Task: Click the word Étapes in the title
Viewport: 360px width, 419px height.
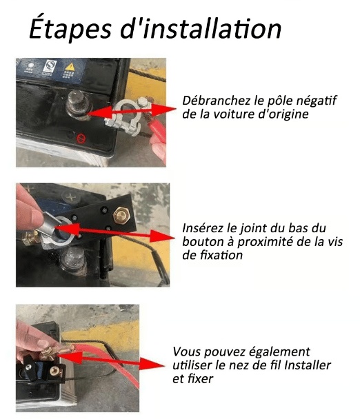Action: tap(70, 28)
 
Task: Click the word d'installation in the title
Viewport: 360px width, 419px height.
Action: tap(201, 28)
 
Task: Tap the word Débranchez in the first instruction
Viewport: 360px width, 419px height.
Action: tap(217, 100)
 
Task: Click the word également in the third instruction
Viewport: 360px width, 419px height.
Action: tap(279, 352)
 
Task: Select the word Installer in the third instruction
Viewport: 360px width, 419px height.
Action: tap(308, 365)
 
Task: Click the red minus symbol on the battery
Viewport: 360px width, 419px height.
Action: tap(81, 138)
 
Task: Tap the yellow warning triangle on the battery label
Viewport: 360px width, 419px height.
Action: tap(70, 67)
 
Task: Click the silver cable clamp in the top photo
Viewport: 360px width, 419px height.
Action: tap(125, 115)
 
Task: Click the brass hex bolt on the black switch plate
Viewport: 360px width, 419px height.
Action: tap(121, 215)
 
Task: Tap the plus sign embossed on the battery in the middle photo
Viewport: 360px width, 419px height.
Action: tap(71, 198)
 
